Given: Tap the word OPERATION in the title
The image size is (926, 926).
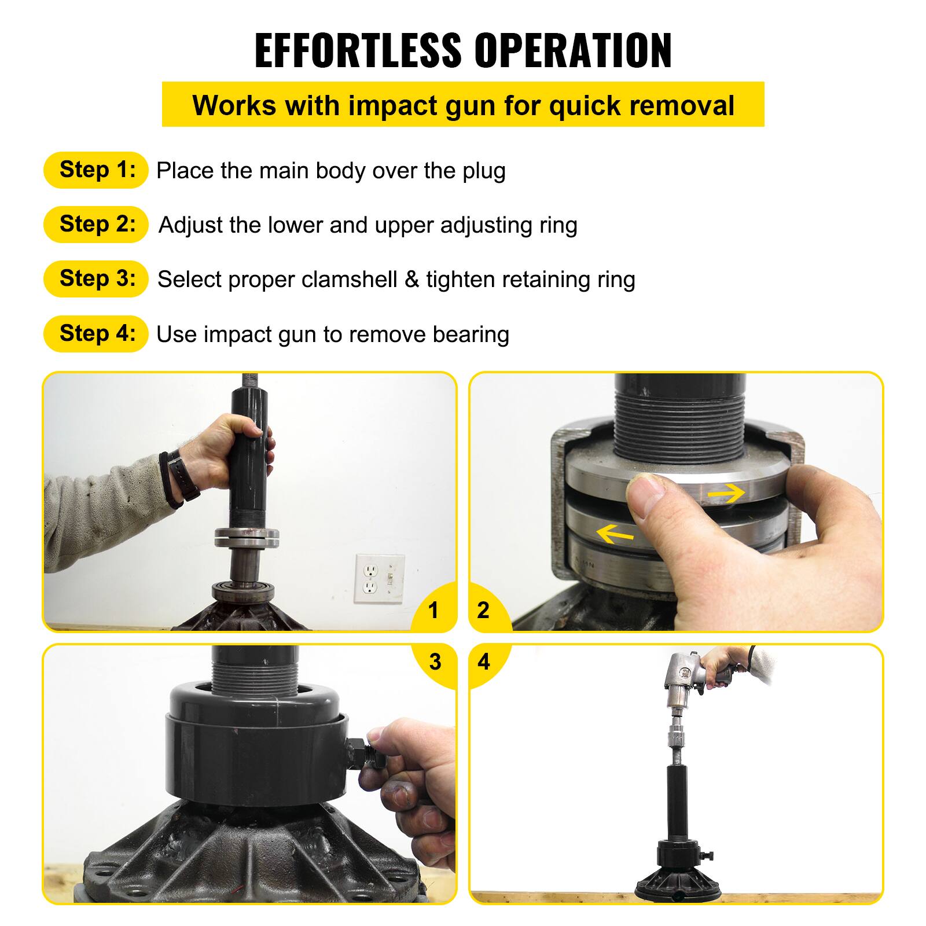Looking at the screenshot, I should [x=573, y=51].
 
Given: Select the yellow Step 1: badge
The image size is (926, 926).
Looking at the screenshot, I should [x=96, y=170].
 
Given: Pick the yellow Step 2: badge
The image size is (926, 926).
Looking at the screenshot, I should [x=96, y=225].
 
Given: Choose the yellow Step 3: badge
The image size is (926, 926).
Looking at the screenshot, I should [x=96, y=279].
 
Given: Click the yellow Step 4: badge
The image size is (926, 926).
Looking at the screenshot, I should [x=96, y=334].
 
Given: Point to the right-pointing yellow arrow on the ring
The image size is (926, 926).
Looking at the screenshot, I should [x=726, y=493].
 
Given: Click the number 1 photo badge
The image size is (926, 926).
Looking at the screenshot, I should [x=433, y=610].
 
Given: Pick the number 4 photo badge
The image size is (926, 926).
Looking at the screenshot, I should [x=484, y=661].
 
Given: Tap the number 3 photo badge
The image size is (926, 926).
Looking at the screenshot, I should [x=435, y=661].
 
